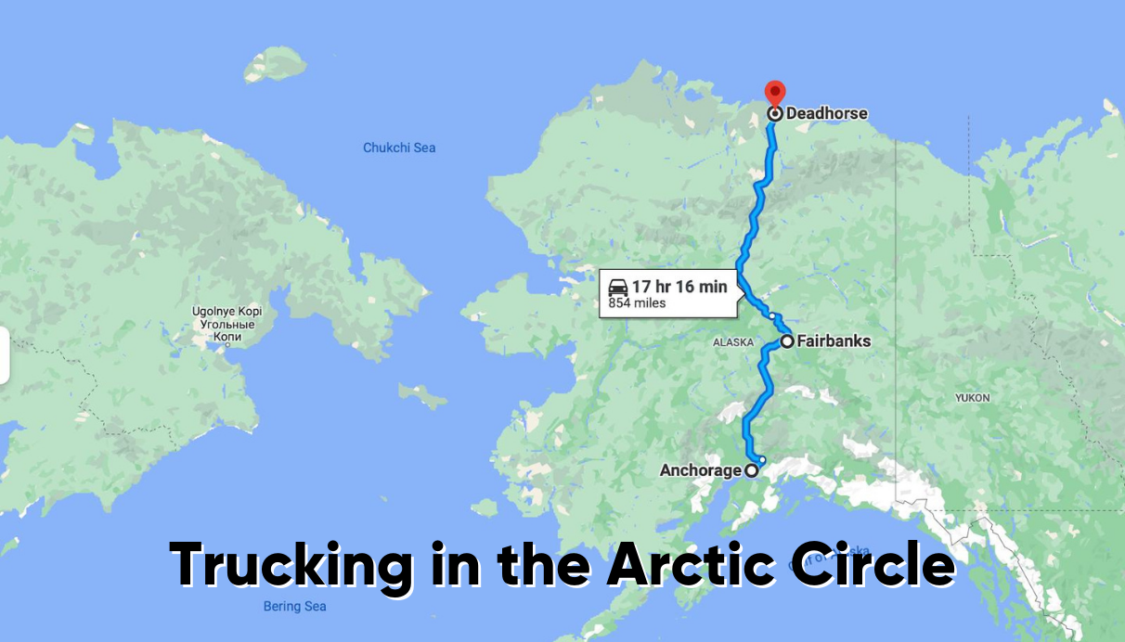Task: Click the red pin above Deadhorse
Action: [774, 92]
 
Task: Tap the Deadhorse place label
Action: [826, 113]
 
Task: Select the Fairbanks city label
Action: [834, 341]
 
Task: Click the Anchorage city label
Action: [700, 470]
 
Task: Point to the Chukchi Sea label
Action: [399, 148]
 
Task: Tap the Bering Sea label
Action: [294, 607]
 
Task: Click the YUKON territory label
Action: [973, 398]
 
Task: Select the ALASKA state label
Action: [733, 342]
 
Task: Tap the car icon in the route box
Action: [618, 287]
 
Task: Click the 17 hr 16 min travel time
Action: [679, 287]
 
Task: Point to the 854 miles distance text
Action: [638, 302]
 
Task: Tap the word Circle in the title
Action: [871, 563]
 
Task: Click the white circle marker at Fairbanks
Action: [787, 341]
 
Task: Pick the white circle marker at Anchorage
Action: [752, 470]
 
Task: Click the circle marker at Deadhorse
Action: [775, 114]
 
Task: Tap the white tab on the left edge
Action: [4, 354]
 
